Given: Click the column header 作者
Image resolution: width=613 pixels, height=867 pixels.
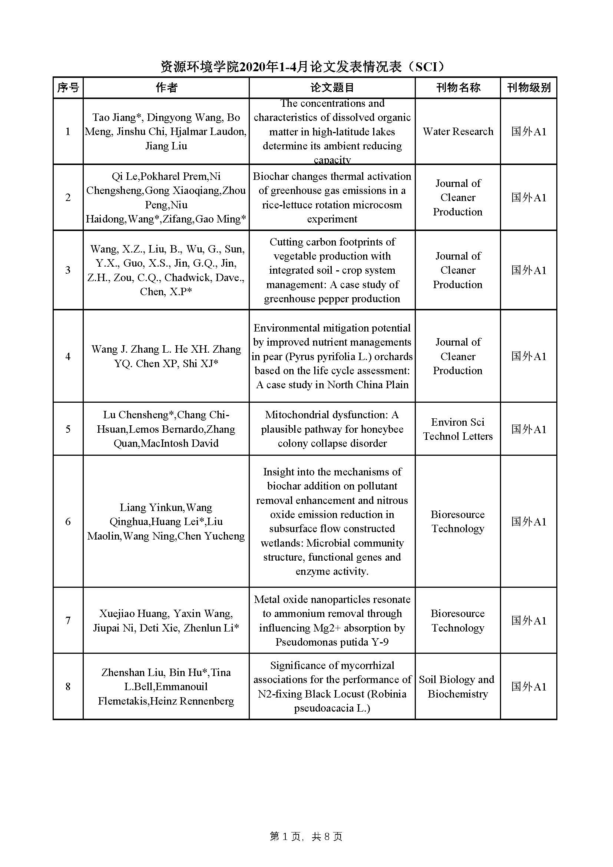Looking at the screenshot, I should tap(166, 88).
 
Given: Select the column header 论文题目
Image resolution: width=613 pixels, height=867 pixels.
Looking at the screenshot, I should tap(332, 88).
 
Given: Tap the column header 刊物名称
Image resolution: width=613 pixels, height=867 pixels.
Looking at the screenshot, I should tap(458, 88).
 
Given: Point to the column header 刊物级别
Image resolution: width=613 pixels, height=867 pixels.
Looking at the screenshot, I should tap(528, 88).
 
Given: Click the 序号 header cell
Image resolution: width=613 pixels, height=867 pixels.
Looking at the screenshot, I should tap(68, 88).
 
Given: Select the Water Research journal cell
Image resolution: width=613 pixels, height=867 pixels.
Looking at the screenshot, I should tap(458, 131).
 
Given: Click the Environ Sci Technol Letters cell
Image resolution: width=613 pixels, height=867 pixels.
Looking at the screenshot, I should tap(458, 429).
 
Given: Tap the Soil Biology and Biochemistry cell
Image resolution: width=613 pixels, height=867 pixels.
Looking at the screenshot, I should tap(457, 686).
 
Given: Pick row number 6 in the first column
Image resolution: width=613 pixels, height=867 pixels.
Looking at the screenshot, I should tap(68, 521).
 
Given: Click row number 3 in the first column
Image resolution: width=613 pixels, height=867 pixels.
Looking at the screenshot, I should tap(68, 270).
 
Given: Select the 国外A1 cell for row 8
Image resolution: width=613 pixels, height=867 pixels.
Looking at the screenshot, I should tap(528, 686).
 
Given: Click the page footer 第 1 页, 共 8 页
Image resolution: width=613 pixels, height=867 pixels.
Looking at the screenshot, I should tap(306, 837).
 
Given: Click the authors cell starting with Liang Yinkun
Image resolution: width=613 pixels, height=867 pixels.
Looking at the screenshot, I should tap(166, 521).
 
